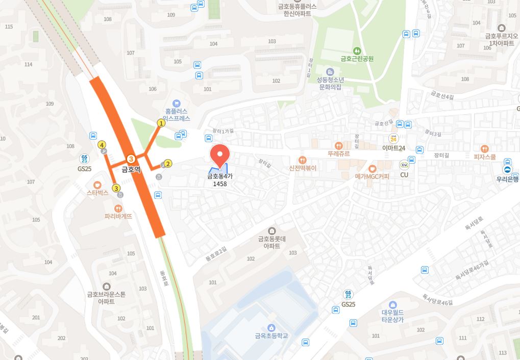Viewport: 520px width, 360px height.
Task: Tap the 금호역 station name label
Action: [x=131, y=169]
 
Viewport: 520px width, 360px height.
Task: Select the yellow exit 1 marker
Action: [x=161, y=123]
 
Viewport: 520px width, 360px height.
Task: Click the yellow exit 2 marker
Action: [x=168, y=164]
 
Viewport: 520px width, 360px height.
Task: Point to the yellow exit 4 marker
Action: [x=102, y=144]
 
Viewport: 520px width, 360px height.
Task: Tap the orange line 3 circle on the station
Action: [x=131, y=159]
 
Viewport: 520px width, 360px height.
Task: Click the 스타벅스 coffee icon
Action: [x=97, y=184]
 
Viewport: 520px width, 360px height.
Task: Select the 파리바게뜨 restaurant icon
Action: [x=118, y=208]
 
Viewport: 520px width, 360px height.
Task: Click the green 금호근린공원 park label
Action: [x=357, y=58]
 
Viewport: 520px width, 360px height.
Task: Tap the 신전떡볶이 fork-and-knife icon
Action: [x=303, y=160]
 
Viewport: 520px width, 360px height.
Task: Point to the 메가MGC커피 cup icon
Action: [x=372, y=168]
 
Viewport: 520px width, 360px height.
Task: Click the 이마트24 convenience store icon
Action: [x=393, y=139]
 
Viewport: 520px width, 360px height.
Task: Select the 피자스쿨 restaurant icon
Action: [x=484, y=148]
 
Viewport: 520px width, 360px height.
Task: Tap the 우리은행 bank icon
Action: [x=507, y=170]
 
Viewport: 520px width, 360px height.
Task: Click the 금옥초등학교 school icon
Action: [x=271, y=327]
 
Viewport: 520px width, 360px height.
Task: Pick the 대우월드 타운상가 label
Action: [x=392, y=316]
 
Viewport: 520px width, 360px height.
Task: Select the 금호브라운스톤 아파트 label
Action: [x=106, y=297]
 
